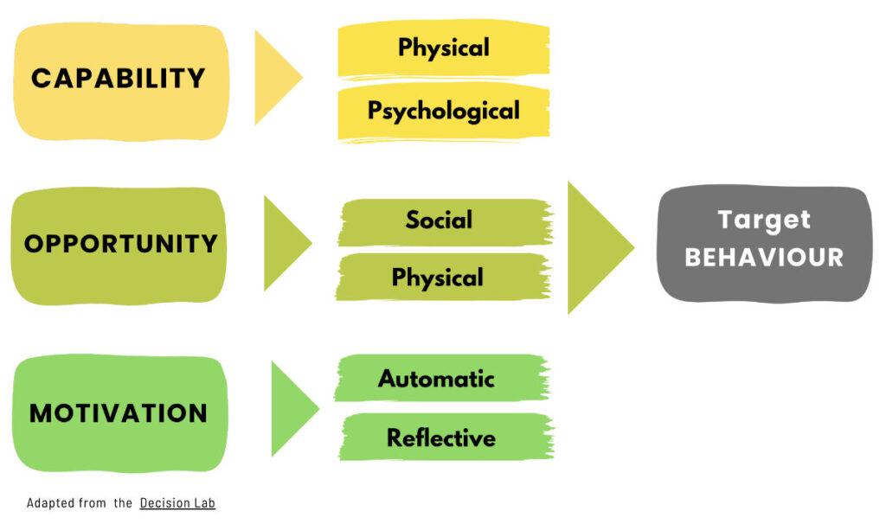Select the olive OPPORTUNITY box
(x=120, y=245)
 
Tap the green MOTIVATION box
(x=119, y=412)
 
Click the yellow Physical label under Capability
(x=443, y=48)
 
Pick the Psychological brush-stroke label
(x=443, y=112)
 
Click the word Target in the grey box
(x=764, y=220)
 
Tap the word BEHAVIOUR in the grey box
(x=764, y=258)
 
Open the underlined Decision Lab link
(x=177, y=503)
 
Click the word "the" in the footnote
(x=122, y=503)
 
